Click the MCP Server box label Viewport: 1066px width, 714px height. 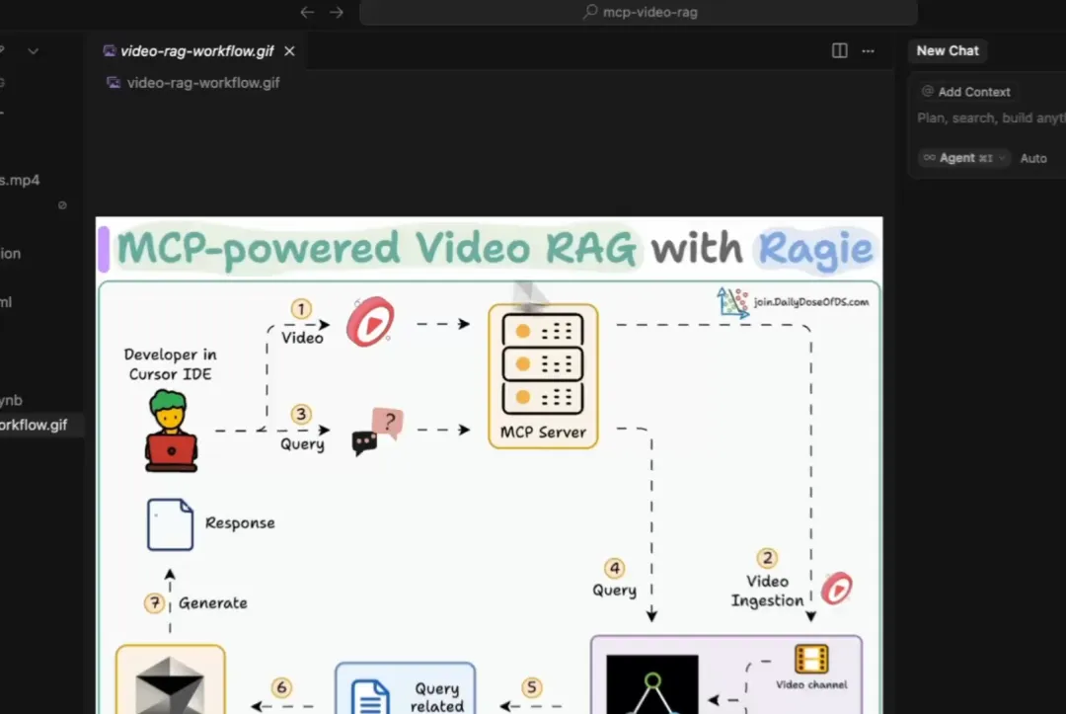[543, 432]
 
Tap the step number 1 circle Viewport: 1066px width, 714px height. [302, 309]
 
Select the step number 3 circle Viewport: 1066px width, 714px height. [302, 415]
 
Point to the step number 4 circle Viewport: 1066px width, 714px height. [615, 568]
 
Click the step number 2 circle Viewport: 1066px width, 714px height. [767, 558]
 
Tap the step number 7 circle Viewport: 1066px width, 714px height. [154, 602]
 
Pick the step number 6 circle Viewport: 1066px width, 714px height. [282, 687]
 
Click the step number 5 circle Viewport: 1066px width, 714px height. [532, 687]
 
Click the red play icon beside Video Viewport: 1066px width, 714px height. [369, 323]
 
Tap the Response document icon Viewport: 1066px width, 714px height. [170, 523]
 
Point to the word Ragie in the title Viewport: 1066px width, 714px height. [814, 248]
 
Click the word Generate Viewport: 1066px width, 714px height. [213, 602]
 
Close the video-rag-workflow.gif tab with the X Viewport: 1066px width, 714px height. [289, 51]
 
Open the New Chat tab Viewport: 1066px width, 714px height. [948, 51]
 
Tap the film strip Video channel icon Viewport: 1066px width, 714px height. [811, 660]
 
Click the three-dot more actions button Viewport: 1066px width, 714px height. [868, 51]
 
